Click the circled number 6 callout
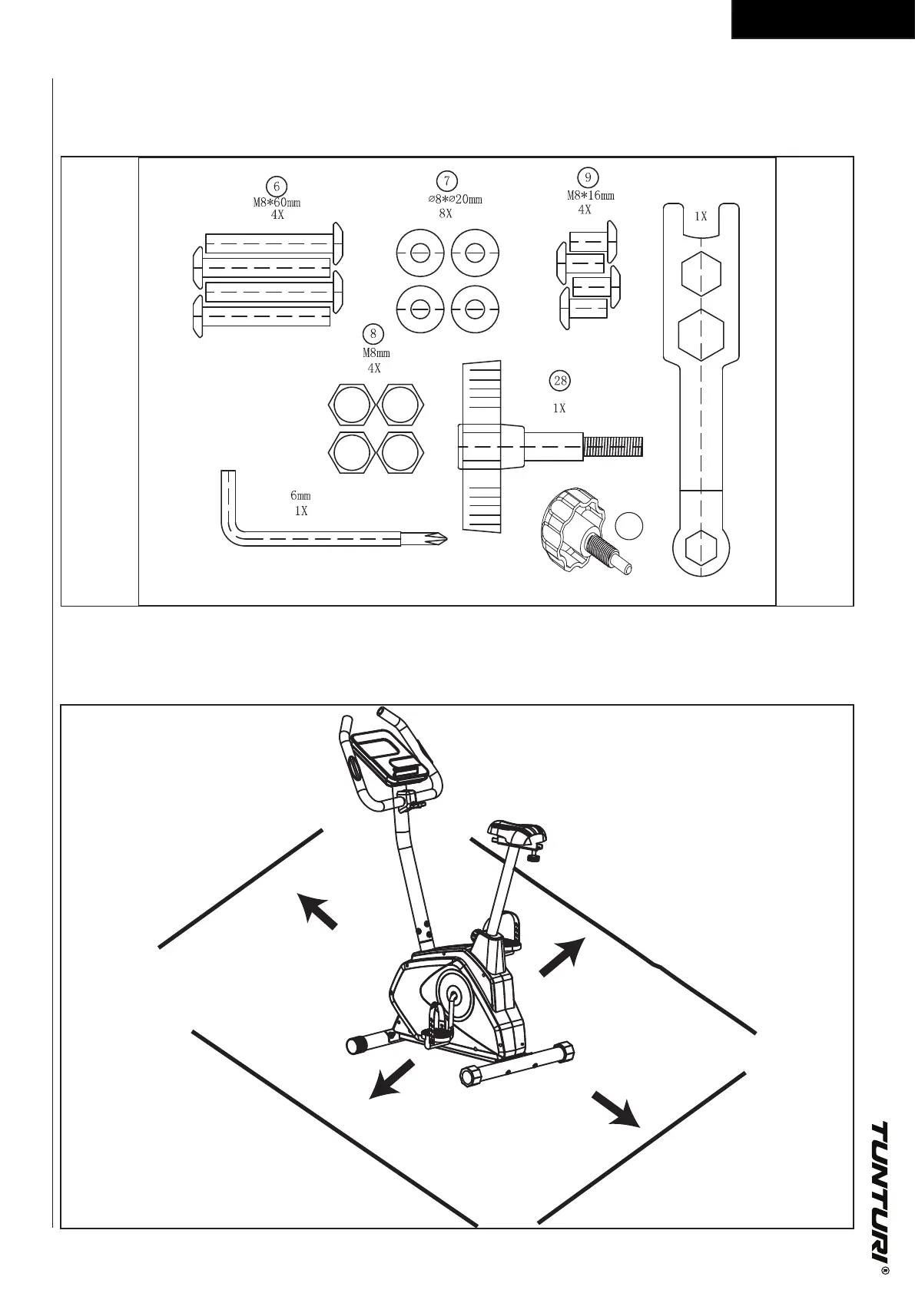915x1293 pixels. (276, 186)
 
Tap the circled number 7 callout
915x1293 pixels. (446, 180)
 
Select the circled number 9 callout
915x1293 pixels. (587, 177)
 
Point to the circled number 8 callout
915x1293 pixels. (373, 333)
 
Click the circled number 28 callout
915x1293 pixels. (559, 380)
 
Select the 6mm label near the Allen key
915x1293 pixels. (300, 496)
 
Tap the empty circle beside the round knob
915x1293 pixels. (628, 526)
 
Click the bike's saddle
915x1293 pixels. (519, 833)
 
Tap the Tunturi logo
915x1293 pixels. (882, 1198)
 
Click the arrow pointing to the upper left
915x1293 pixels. (318, 910)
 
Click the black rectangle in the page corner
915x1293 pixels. (822, 19)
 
